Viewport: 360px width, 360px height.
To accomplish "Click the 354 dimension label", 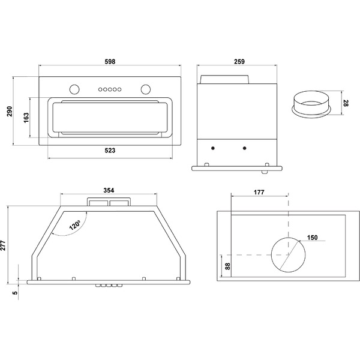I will (x=109, y=190).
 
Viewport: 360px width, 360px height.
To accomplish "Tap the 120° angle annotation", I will (x=74, y=226).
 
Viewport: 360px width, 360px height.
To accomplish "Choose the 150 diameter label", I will (x=312, y=237).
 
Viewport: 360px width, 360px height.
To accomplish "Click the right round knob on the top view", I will (x=145, y=90).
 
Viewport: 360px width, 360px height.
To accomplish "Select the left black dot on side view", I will (x=213, y=148).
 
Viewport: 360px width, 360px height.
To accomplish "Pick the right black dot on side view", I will (x=244, y=148).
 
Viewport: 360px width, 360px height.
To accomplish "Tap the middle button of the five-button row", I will (x=109, y=90).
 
